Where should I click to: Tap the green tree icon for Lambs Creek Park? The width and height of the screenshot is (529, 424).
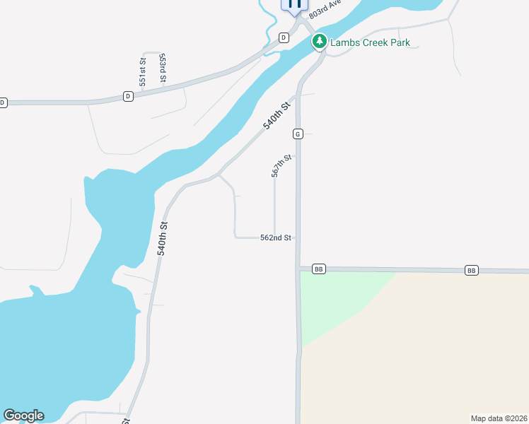click(x=320, y=42)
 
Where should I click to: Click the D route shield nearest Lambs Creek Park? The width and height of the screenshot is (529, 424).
click(x=284, y=37)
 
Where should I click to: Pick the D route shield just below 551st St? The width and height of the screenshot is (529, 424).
click(x=128, y=95)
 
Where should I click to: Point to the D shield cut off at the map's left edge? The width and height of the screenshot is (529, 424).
click(x=2, y=102)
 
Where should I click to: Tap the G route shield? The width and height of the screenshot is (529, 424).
click(x=298, y=134)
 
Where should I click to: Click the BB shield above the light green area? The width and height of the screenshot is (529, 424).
click(x=318, y=269)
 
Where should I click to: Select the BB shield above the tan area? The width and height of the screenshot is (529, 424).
click(x=472, y=271)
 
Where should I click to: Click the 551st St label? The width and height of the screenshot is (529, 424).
click(x=142, y=72)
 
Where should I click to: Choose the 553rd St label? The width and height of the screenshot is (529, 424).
click(x=163, y=68)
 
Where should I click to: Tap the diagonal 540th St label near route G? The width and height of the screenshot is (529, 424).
click(x=277, y=115)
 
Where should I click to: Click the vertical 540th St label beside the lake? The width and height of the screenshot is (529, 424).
click(x=163, y=238)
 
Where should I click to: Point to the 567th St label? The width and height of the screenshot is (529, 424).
click(x=281, y=167)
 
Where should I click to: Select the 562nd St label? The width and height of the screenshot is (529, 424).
click(x=276, y=238)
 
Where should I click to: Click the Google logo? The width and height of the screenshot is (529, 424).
click(x=23, y=416)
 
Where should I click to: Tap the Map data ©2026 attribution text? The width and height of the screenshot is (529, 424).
click(x=499, y=418)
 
